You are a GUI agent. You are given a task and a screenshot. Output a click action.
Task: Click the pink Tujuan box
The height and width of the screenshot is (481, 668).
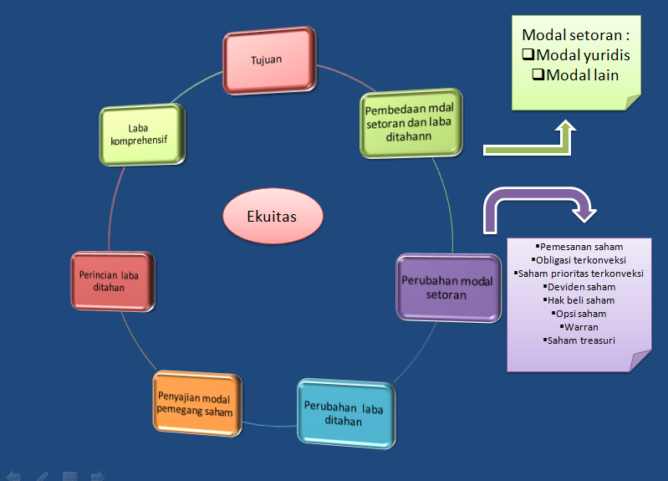click(268, 60)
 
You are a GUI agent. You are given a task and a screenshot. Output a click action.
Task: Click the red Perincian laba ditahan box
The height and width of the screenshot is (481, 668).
click(113, 281)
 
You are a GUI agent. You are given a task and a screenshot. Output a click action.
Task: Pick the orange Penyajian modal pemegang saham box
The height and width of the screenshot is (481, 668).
click(193, 404)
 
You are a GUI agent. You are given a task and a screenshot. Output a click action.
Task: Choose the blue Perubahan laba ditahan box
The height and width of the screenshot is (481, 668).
click(344, 415)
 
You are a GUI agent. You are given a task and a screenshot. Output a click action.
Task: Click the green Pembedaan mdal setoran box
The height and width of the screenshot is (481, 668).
click(411, 124)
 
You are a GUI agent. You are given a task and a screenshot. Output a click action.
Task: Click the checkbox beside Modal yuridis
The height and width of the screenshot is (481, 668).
click(528, 55)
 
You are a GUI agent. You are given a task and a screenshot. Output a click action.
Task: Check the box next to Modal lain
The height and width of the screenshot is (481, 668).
click(539, 74)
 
